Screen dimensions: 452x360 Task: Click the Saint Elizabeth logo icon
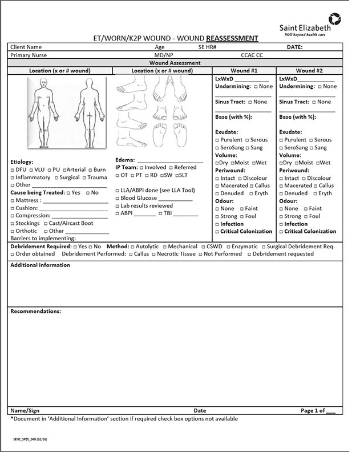point(335,19)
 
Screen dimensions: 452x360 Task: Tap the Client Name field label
point(26,47)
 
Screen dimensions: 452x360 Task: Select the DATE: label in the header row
point(294,47)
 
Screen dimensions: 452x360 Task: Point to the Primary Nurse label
point(29,55)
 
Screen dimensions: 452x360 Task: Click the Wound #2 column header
point(310,71)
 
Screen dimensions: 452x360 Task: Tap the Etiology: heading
point(22,162)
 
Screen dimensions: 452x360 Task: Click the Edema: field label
point(125,160)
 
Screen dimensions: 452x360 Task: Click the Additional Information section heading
point(40,265)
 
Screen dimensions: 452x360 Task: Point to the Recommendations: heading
point(35,312)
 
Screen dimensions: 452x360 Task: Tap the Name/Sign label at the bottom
point(25,410)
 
